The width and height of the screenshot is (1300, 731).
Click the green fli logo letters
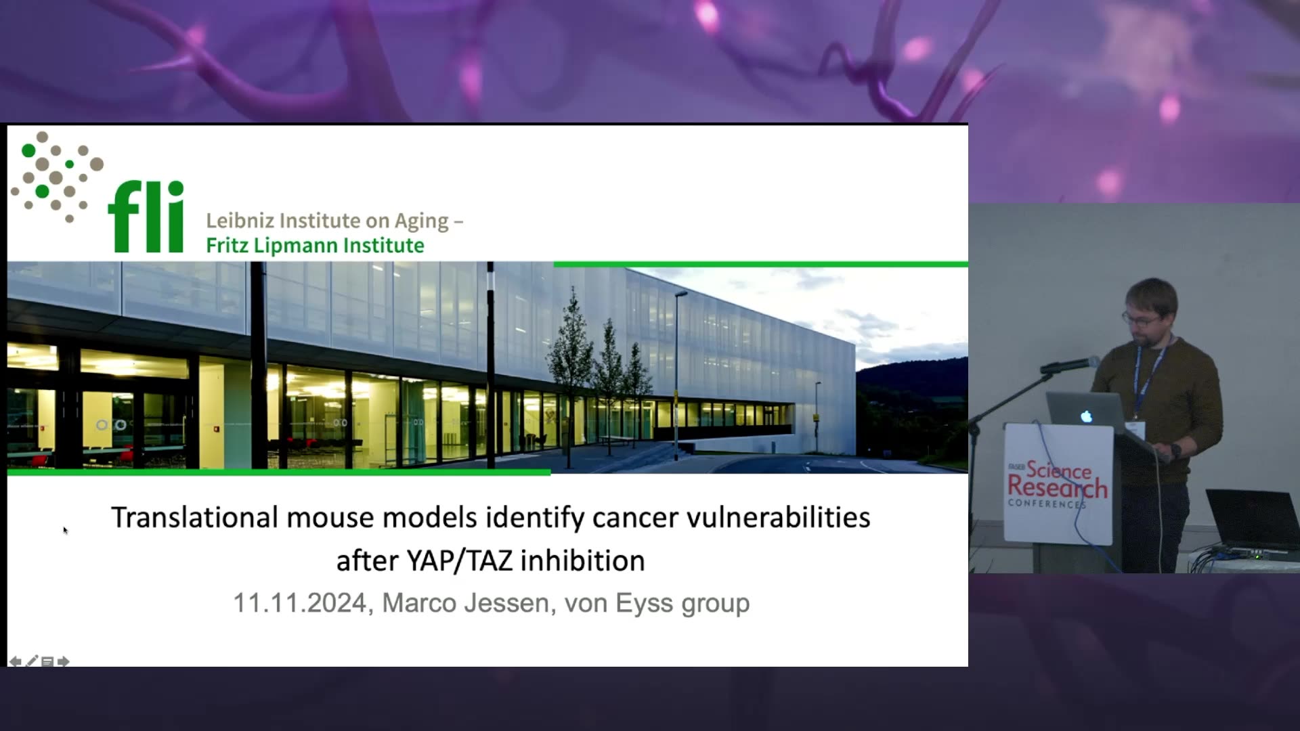[x=146, y=217]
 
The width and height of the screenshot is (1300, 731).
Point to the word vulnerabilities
[x=779, y=517]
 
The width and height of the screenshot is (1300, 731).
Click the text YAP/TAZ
[x=460, y=560]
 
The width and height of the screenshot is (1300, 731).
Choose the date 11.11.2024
[x=300, y=603]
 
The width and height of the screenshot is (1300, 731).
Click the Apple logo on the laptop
[x=1086, y=416]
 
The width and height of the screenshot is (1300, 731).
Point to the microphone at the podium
[x=1070, y=365]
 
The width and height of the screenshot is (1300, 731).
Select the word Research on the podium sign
[x=1058, y=486]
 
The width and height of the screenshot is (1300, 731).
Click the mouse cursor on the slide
[x=65, y=530]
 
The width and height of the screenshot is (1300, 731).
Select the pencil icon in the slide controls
[x=31, y=661]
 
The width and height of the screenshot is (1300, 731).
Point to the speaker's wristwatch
[x=1176, y=449]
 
